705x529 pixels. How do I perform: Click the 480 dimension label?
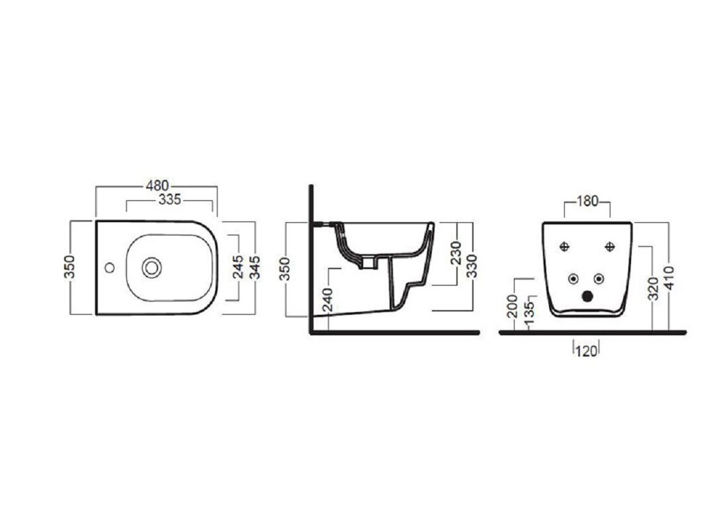[x=157, y=185]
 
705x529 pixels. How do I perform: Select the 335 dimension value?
[x=169, y=199]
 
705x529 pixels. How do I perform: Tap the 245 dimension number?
[x=238, y=267]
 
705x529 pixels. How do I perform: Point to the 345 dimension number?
[x=255, y=267]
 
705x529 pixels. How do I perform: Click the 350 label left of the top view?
[x=69, y=267]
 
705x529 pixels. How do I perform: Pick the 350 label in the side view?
[x=285, y=268]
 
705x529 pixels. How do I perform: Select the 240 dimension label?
[x=328, y=300]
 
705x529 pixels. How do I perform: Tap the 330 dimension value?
[x=472, y=266]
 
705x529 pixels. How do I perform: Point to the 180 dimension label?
[x=587, y=202]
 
